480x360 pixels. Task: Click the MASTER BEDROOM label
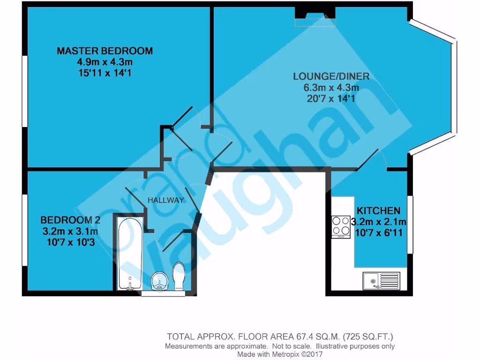(x=105, y=51)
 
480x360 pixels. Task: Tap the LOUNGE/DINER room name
(x=331, y=76)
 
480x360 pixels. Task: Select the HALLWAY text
(x=165, y=200)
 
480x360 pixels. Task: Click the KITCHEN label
(x=378, y=211)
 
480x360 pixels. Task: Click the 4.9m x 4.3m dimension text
(x=105, y=62)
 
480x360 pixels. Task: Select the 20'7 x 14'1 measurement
(x=331, y=98)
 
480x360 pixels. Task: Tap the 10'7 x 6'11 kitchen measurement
(x=378, y=232)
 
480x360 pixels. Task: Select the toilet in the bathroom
(x=179, y=277)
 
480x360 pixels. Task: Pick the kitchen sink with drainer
(x=381, y=281)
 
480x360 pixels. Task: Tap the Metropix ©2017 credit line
(x=280, y=354)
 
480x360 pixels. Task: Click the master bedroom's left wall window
(x=23, y=91)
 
